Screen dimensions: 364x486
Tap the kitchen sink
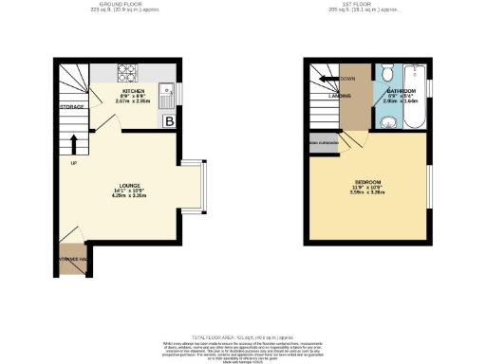166,95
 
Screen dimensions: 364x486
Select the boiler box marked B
169,120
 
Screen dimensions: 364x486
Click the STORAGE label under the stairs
73,106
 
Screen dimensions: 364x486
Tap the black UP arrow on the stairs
74,143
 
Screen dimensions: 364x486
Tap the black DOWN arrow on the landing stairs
327,79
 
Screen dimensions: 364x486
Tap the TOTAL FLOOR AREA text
242,337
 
